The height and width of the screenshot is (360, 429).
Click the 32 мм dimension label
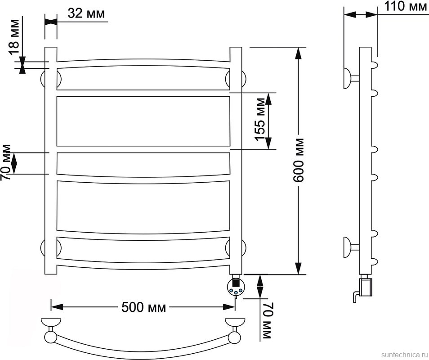(x=86, y=13)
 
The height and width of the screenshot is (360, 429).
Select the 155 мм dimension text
(x=260, y=119)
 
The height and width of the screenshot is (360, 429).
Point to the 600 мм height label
(x=298, y=160)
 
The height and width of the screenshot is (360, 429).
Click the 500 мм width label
(x=143, y=307)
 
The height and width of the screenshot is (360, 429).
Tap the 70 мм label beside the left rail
(x=6, y=162)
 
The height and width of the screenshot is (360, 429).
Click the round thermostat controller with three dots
(x=236, y=287)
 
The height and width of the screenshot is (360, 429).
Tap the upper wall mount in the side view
(x=352, y=78)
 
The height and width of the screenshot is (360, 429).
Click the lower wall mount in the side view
(x=352, y=247)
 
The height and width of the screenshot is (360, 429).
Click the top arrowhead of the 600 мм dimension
(x=298, y=53)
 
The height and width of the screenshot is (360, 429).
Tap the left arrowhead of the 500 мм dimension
(x=57, y=306)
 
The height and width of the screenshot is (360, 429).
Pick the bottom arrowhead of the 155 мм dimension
(x=268, y=143)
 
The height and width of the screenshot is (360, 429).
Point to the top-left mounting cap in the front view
(x=44, y=79)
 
